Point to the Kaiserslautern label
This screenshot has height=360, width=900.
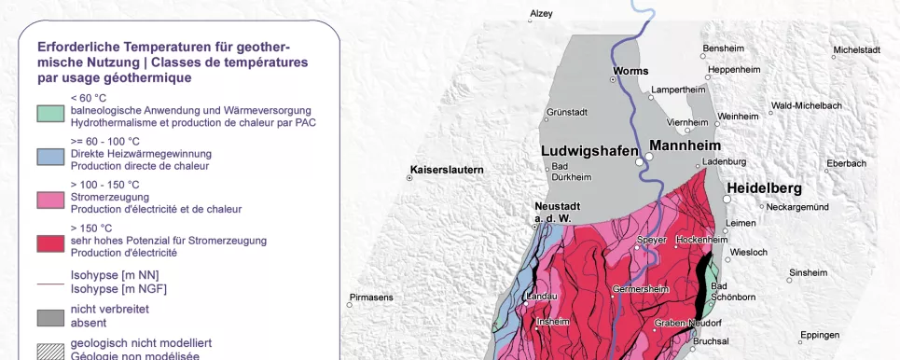pyautogui.click(x=446, y=170)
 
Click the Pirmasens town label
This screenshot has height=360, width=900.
pyautogui.click(x=370, y=298)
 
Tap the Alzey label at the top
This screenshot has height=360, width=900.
pyautogui.click(x=541, y=13)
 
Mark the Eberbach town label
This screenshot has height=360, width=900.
pyautogui.click(x=847, y=163)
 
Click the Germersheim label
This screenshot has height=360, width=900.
pyautogui.click(x=642, y=289)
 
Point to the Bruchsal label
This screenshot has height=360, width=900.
pyautogui.click(x=711, y=341)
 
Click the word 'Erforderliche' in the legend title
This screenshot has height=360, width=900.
pyautogui.click(x=76, y=47)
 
